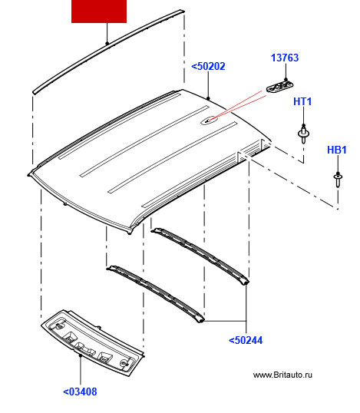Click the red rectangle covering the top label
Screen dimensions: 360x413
click(99, 12)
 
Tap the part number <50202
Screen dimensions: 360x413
click(208, 66)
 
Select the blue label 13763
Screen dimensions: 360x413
click(285, 58)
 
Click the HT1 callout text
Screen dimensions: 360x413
click(302, 101)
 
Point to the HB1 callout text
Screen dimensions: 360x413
click(337, 150)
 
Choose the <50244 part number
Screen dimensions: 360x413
click(246, 340)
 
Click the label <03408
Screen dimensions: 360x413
click(80, 392)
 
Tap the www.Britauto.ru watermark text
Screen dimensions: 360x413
click(282, 375)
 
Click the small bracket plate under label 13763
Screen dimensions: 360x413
click(279, 87)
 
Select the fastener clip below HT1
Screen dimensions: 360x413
click(304, 134)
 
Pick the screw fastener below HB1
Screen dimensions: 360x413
click(338, 180)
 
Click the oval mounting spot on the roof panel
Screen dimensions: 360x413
click(210, 120)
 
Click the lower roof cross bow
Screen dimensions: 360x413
click(155, 294)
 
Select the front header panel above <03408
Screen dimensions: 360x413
click(93, 342)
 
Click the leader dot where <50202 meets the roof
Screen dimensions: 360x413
click(208, 98)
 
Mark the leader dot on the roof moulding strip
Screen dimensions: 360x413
click(107, 44)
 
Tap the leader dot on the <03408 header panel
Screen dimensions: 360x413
click(81, 355)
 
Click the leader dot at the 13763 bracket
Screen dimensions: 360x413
click(286, 79)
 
